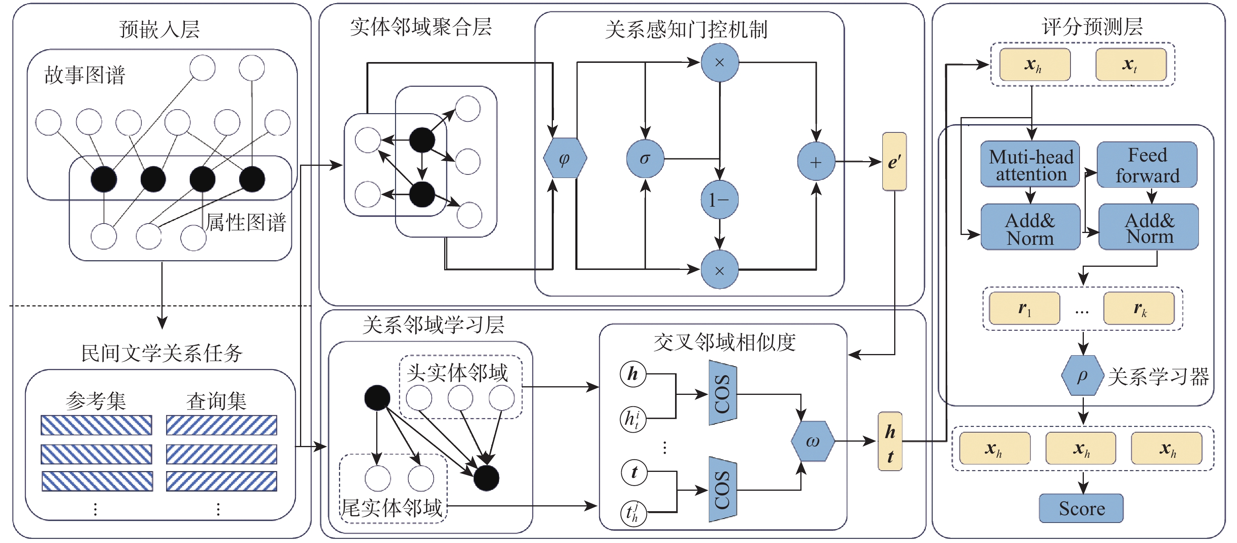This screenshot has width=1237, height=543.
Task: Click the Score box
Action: coord(1081,508)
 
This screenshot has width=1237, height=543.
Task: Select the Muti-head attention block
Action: coord(1030,164)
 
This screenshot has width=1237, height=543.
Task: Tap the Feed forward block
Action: coord(1147,165)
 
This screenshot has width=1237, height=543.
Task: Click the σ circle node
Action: coord(645,159)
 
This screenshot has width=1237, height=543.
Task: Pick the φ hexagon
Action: coord(565,159)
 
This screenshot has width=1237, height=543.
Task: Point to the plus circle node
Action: coord(816,162)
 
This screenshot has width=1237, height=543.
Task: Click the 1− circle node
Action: coord(719,200)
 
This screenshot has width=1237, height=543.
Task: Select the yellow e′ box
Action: coord(894,162)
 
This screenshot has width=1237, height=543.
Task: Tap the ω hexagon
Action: coord(812,442)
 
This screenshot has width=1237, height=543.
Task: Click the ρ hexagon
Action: coord(1082,376)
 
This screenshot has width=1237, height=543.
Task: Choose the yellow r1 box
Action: coord(1024,308)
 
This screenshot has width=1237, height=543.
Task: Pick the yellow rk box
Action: coord(1139,308)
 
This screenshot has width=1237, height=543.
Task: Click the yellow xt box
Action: coord(1131,64)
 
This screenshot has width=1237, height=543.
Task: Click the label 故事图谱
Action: coord(85,75)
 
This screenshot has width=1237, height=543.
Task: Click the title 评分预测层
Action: coord(1092,27)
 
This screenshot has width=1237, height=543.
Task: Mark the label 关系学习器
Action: coord(1158,377)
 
